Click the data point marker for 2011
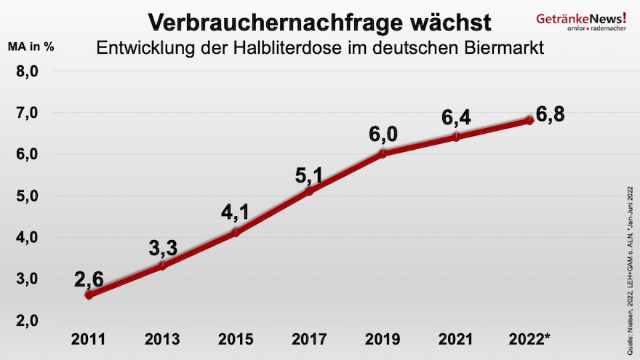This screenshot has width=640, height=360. (89, 295)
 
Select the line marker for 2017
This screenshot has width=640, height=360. (309, 191)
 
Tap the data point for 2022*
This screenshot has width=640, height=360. (529, 120)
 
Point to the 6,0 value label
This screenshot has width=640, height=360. (383, 135)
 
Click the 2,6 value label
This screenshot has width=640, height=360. (89, 278)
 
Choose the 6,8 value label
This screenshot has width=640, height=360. (551, 115)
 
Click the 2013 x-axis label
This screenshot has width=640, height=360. (162, 339)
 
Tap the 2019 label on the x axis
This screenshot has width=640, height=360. (383, 339)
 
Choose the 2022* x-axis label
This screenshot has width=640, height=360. (531, 339)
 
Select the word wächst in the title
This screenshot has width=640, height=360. (448, 22)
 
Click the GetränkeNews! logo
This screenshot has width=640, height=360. (581, 20)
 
